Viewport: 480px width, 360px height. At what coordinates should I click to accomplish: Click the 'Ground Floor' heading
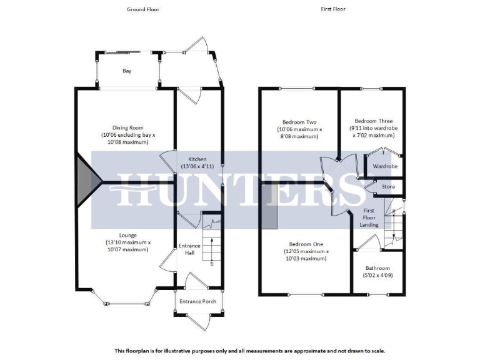click(142, 9)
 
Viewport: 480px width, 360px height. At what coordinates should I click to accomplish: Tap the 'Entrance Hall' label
click(189, 249)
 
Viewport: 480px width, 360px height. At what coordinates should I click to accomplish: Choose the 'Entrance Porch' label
click(197, 301)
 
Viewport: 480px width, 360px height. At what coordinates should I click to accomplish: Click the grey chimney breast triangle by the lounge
click(86, 182)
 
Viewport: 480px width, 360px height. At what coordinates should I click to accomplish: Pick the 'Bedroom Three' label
click(373, 121)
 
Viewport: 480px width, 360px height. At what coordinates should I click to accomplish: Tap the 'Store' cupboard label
click(387, 187)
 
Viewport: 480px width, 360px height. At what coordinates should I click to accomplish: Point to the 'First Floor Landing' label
click(369, 218)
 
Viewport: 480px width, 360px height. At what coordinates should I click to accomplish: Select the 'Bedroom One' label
click(305, 244)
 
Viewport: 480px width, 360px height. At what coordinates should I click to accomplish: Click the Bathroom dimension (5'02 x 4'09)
click(377, 276)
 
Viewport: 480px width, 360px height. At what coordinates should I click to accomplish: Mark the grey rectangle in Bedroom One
click(269, 206)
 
